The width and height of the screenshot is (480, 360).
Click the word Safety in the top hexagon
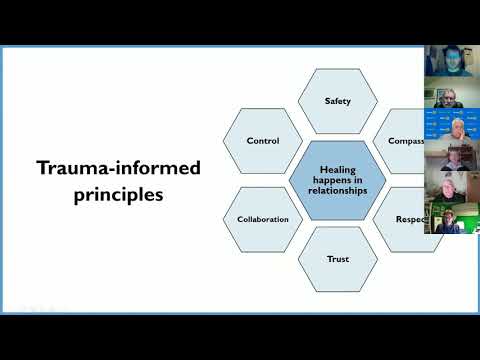(338, 101)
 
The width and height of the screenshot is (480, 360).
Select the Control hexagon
(263, 141)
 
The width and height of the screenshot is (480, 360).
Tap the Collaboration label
(263, 219)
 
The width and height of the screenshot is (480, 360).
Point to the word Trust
(338, 259)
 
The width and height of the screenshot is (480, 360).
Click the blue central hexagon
(338, 180)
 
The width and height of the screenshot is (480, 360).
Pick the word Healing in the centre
(338, 170)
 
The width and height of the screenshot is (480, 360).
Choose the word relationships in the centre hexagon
(338, 190)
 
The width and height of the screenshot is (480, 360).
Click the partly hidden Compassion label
(402, 141)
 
